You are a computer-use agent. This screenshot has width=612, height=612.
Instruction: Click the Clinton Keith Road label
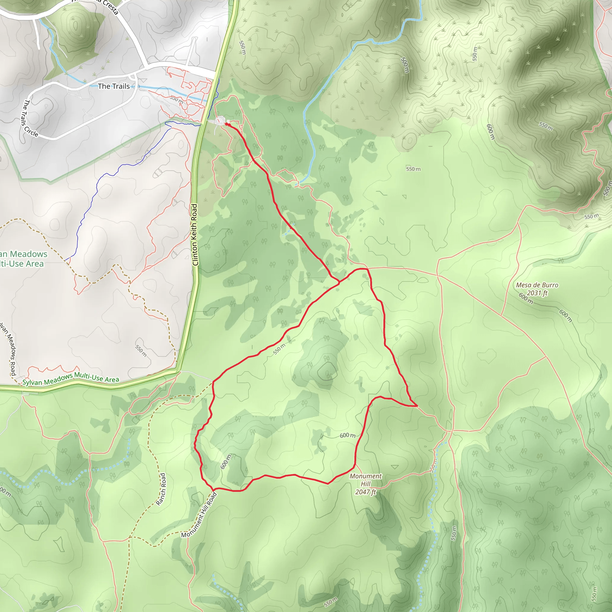pos(195,235)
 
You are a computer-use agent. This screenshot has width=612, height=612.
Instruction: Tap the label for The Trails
pos(114,86)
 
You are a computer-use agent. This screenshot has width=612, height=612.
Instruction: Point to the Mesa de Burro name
pos(537,285)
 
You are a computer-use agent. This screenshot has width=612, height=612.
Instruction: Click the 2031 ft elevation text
pos(537,293)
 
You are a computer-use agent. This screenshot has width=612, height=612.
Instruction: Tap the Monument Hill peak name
pos(365,480)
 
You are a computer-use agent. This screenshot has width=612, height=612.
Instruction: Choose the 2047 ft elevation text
pos(365,492)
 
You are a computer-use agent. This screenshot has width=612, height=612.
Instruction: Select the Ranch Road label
pos(161,489)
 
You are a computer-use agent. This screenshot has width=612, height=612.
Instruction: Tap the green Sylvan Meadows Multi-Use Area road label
pos(71,379)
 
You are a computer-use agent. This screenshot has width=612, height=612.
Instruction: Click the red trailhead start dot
pos(227,125)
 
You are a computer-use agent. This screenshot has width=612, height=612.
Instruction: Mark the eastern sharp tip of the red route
pos(417,406)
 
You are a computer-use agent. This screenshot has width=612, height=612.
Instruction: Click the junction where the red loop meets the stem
pos(339,281)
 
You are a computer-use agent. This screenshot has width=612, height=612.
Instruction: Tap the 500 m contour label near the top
pos(405,65)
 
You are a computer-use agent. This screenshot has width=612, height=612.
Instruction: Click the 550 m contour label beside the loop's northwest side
pos(279,349)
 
